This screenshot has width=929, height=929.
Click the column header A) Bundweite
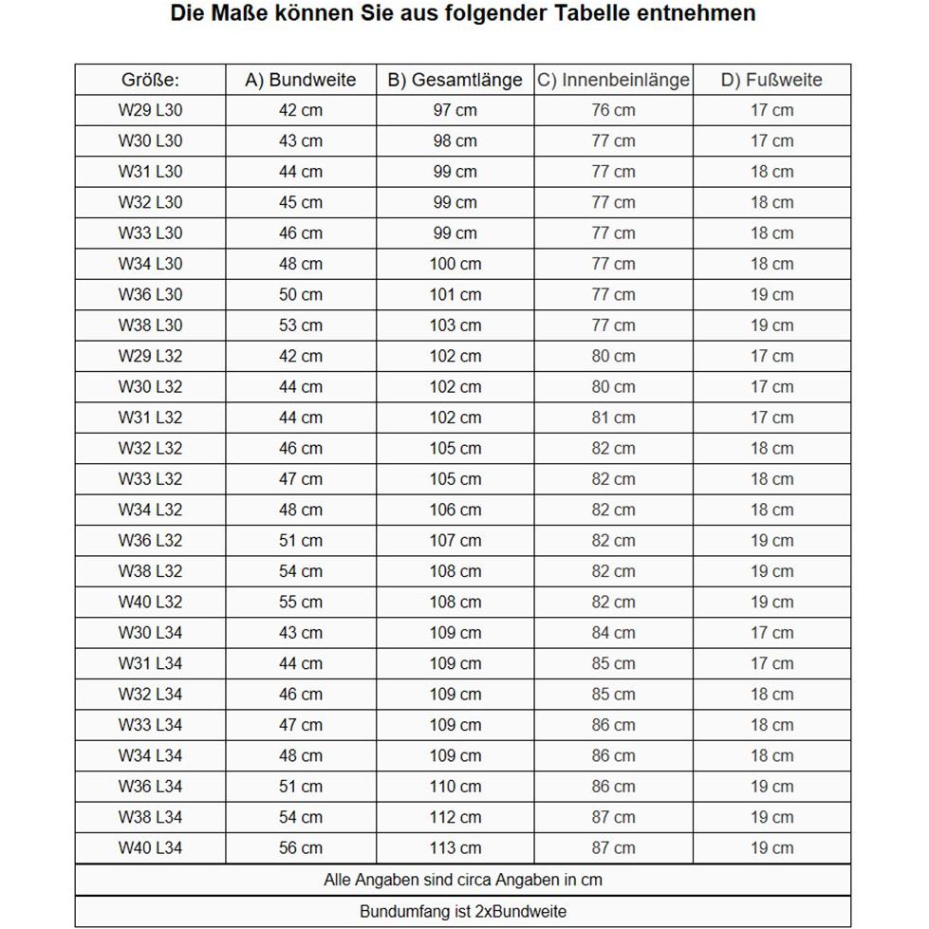pyautogui.click(x=300, y=80)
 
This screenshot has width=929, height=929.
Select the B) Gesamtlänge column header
pyautogui.click(x=455, y=80)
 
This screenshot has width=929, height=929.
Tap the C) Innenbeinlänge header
pyautogui.click(x=613, y=80)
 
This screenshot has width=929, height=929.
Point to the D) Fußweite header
pyautogui.click(x=771, y=80)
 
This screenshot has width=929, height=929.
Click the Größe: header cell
pyautogui.click(x=150, y=80)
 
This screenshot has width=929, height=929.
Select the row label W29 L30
pyautogui.click(x=150, y=110)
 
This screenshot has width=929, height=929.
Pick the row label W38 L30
pyautogui.click(x=150, y=325)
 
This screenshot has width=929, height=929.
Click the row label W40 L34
pyautogui.click(x=150, y=847)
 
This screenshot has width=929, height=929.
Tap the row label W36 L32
pyautogui.click(x=150, y=541)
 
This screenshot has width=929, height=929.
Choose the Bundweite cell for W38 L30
pyautogui.click(x=300, y=325)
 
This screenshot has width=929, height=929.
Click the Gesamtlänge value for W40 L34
pyautogui.click(x=455, y=847)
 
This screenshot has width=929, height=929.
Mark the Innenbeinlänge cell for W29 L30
pyautogui.click(x=613, y=110)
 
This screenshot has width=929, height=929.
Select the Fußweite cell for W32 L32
pyautogui.click(x=771, y=448)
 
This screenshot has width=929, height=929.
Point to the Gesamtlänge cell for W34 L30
pyautogui.click(x=455, y=264)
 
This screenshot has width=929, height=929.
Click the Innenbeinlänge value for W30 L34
pyautogui.click(x=613, y=633)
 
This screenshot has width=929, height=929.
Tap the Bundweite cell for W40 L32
pyautogui.click(x=300, y=602)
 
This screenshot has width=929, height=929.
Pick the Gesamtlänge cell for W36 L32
pyautogui.click(x=455, y=541)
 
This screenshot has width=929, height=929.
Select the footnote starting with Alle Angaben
pyautogui.click(x=463, y=880)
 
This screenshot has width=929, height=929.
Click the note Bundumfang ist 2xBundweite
pyautogui.click(x=463, y=912)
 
